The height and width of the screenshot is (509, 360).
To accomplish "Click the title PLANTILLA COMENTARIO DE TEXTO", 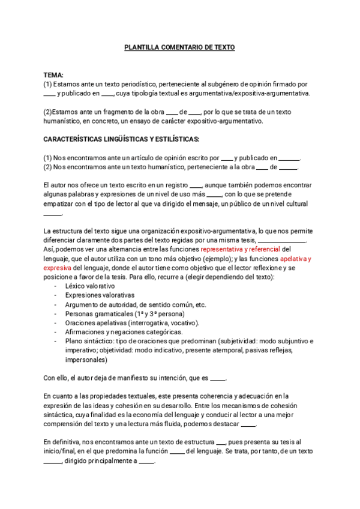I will pyautogui.click(x=179, y=47).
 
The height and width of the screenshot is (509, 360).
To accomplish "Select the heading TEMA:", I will pyautogui.click(x=54, y=75).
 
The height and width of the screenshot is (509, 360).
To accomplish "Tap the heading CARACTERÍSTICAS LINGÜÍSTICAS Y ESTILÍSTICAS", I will pyautogui.click(x=122, y=139).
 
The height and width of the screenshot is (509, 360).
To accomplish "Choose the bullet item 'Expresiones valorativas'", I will pyautogui.click(x=100, y=295).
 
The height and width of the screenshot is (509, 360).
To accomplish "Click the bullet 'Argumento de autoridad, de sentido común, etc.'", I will pyautogui.click(x=136, y=304).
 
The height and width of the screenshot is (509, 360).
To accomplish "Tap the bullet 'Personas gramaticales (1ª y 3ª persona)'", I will pyautogui.click(x=125, y=313).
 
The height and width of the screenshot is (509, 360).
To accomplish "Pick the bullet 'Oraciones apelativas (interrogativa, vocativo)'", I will pyautogui.click(x=133, y=322).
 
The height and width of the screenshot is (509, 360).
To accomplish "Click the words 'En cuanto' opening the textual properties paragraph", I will pyautogui.click(x=59, y=396).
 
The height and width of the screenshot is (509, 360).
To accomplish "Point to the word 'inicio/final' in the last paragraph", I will pyautogui.click(x=61, y=451).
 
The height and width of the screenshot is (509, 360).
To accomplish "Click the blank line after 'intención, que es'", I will pyautogui.click(x=219, y=378).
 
